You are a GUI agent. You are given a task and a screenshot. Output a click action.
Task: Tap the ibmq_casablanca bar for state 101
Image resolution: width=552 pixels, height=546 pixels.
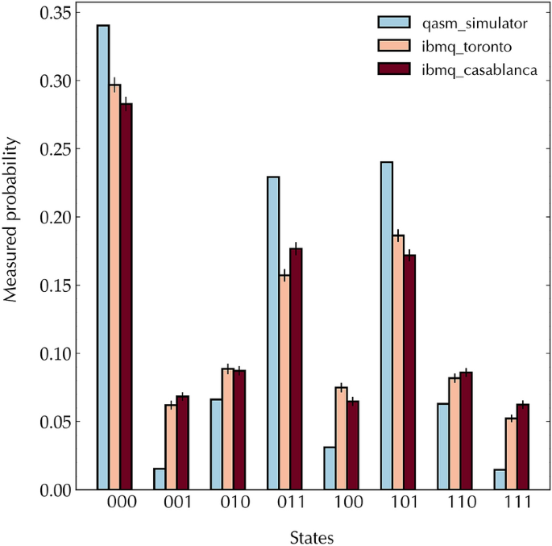[x=409, y=372]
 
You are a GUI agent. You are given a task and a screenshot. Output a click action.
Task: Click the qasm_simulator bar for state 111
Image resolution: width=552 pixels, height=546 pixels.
[x=500, y=479]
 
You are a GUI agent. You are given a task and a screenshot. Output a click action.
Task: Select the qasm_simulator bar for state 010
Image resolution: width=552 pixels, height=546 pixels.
[x=217, y=444]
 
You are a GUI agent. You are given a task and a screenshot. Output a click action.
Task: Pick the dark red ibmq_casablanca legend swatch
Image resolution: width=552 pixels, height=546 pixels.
[x=395, y=69]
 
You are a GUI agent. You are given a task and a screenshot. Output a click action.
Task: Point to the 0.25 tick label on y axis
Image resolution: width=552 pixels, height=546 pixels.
[x=54, y=149]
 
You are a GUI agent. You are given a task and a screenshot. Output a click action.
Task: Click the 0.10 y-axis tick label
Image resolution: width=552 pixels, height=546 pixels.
[x=54, y=353]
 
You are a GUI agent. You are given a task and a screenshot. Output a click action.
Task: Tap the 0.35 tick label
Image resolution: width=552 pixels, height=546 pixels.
[x=54, y=13]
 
